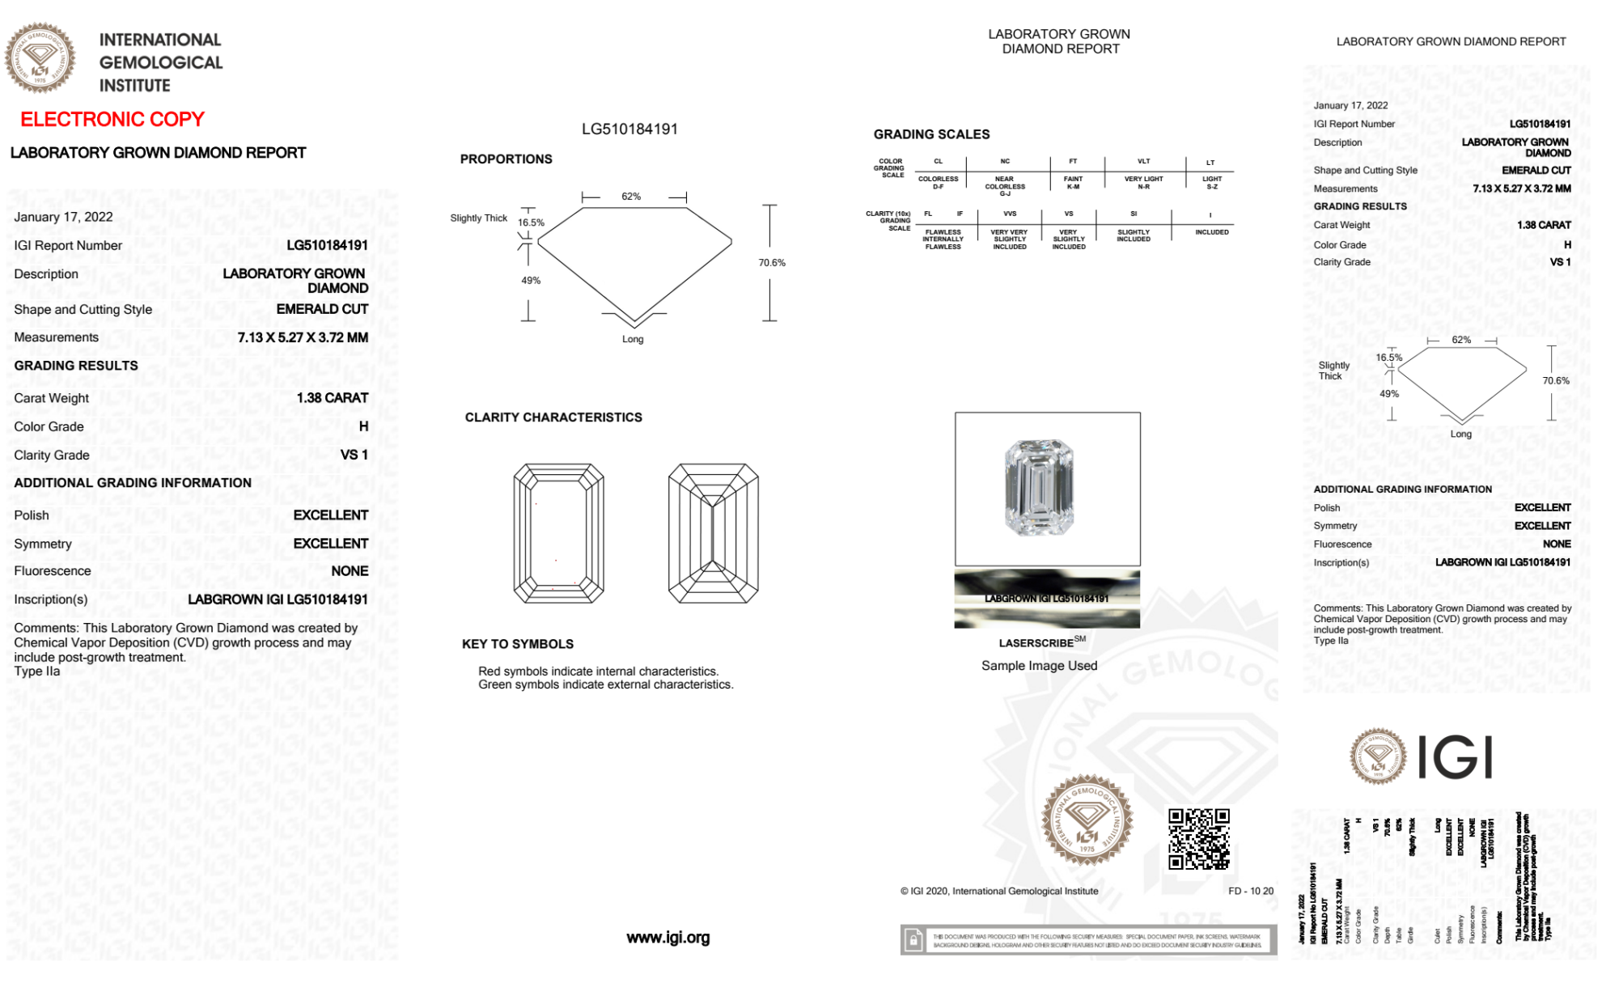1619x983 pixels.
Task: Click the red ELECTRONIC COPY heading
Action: pyautogui.click(x=112, y=120)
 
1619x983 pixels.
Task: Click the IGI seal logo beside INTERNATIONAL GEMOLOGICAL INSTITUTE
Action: pyautogui.click(x=40, y=57)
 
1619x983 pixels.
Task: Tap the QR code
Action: pyautogui.click(x=1199, y=839)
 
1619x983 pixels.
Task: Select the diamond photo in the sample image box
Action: pyautogui.click(x=1039, y=488)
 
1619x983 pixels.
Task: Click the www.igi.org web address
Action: pyautogui.click(x=668, y=938)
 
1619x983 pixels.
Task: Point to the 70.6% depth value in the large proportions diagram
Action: pyautogui.click(x=772, y=263)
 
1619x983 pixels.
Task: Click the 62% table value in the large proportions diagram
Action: pyautogui.click(x=631, y=197)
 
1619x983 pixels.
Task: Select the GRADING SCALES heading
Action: pyautogui.click(x=931, y=134)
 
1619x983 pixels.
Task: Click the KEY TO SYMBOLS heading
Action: pyautogui.click(x=518, y=644)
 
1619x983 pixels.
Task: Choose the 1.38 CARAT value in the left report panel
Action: pyautogui.click(x=333, y=398)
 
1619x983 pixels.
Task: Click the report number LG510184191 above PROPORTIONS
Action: pyautogui.click(x=629, y=129)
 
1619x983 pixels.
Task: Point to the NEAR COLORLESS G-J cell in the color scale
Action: pyautogui.click(x=1005, y=186)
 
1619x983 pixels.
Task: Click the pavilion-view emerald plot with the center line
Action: pyautogui.click(x=713, y=533)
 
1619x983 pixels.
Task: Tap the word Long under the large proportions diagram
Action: pyautogui.click(x=633, y=340)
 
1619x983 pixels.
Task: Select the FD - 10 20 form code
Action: pyautogui.click(x=1250, y=892)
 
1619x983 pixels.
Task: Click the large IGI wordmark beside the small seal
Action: pyautogui.click(x=1456, y=758)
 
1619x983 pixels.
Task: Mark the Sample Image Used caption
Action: pyautogui.click(x=1039, y=666)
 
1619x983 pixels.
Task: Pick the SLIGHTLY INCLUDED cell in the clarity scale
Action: pyautogui.click(x=1133, y=235)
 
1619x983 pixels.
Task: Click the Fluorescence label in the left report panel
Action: pyautogui.click(x=53, y=571)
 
